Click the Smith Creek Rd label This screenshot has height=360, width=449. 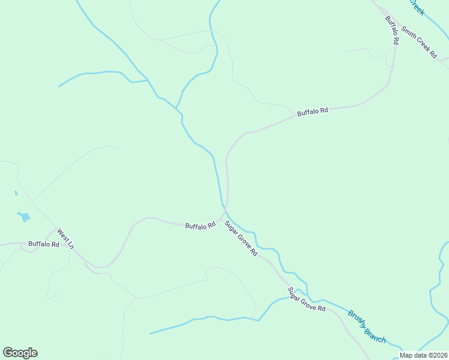[418, 41]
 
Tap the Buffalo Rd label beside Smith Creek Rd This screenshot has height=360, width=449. [392, 30]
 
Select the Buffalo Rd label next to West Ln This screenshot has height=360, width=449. [44, 244]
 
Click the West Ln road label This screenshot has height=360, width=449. [65, 238]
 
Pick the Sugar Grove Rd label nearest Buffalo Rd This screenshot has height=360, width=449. [241, 239]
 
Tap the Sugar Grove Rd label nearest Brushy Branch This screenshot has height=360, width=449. [306, 299]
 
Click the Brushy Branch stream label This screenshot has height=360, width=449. [367, 326]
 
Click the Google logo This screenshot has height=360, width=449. [20, 353]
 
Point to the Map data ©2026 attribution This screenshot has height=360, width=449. [424, 355]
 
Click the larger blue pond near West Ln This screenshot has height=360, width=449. [24, 217]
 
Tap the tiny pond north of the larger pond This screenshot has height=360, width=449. [16, 193]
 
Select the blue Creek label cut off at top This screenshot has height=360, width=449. [416, 7]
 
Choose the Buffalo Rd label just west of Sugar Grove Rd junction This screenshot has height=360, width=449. [200, 226]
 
